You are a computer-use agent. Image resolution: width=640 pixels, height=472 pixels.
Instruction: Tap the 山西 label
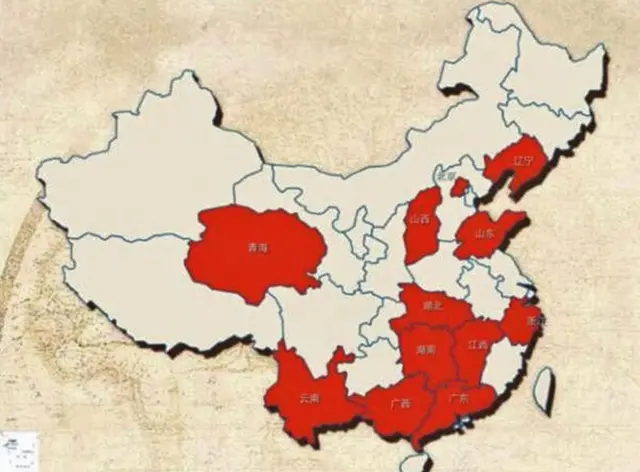417,217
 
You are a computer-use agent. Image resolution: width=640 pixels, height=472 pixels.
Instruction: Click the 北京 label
431,177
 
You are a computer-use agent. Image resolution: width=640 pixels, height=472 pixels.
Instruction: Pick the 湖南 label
425,350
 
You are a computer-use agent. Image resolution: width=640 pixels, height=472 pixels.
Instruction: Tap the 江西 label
477,345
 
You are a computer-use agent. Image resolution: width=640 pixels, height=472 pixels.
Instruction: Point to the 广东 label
458,398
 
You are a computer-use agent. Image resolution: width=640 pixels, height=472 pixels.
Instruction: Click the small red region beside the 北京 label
460,187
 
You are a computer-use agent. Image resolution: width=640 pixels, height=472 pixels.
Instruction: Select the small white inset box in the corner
17,449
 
